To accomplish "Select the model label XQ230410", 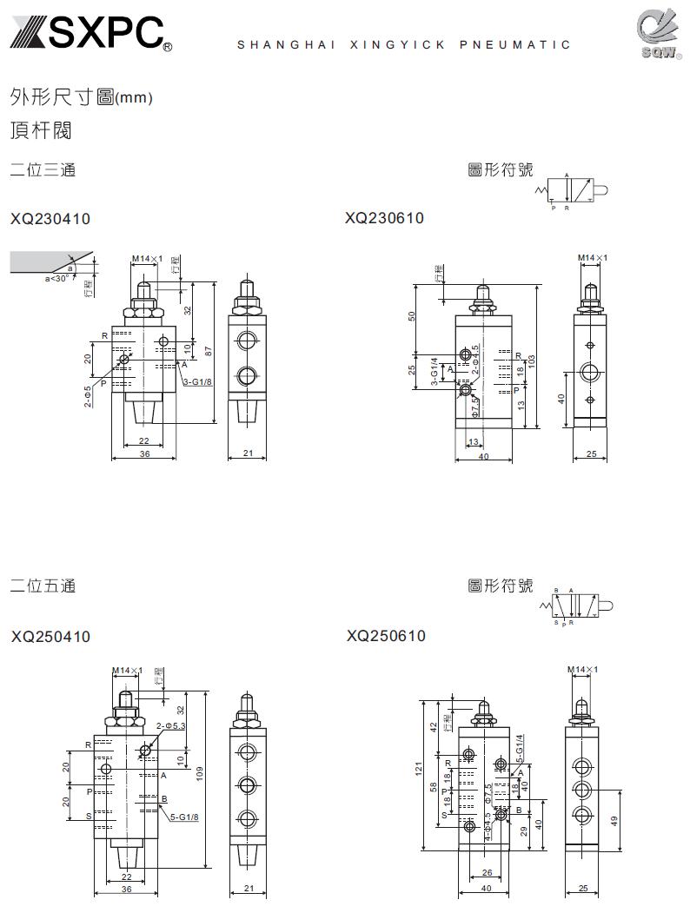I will click(x=50, y=220).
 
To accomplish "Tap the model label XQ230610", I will click(x=384, y=218).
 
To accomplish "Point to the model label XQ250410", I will click(x=50, y=637).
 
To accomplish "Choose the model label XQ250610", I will click(x=386, y=636).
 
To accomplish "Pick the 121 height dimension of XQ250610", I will click(x=418, y=768).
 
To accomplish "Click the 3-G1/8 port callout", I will click(x=197, y=380).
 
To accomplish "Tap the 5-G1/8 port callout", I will click(x=184, y=817).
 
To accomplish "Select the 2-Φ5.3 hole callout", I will click(x=171, y=724).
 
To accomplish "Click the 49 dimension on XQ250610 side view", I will click(x=615, y=819).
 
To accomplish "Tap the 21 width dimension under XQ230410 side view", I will click(x=247, y=453).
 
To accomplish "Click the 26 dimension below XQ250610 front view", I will click(x=486, y=871).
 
